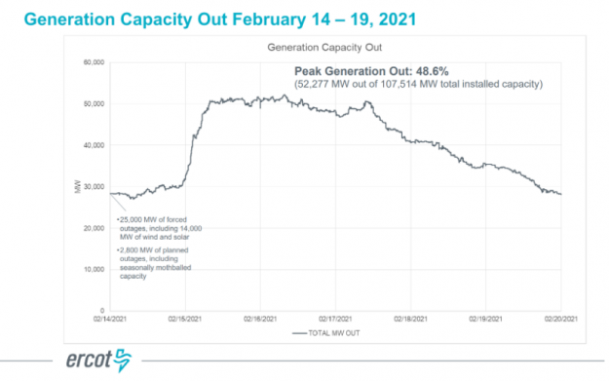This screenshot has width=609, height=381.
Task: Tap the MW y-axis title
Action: [x=77, y=186]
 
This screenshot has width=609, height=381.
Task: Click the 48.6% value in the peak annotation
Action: [x=427, y=71]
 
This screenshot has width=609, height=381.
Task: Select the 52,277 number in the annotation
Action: [x=318, y=84]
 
